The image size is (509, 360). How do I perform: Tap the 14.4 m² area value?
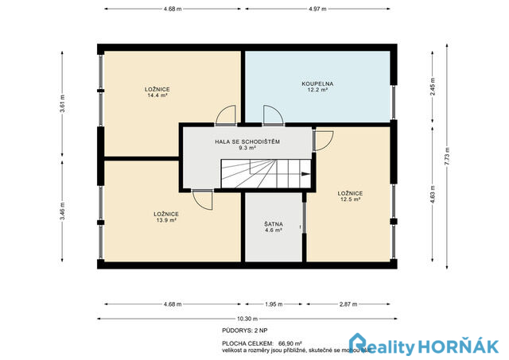tap(157, 95)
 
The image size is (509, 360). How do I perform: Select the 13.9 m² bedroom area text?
tap(165, 220)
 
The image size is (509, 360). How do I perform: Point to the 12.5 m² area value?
tap(350, 199)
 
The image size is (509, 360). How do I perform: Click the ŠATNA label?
tap(273, 224)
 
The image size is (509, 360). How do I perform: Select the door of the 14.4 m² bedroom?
tap(227, 116)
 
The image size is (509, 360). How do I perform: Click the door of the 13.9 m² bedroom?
tap(202, 199)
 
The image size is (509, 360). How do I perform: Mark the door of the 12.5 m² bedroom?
tap(323, 140)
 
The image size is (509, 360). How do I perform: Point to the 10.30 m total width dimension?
tap(246, 318)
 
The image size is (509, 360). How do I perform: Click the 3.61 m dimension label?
tap(62, 103)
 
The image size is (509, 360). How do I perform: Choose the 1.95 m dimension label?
tap(272, 304)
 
